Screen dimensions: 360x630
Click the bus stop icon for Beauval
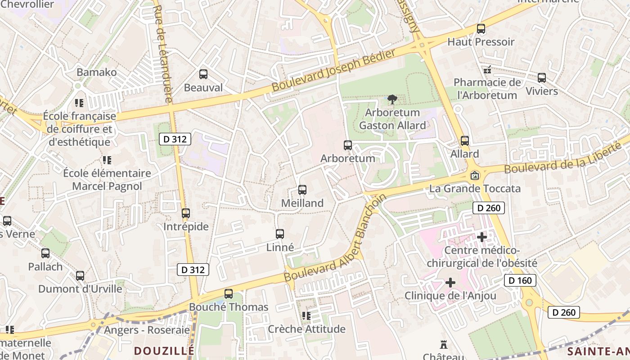click(203, 74)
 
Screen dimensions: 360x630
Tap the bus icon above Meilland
click(302, 190)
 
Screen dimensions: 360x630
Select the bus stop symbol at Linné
click(280, 234)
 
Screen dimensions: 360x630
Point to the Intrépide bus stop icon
click(186, 213)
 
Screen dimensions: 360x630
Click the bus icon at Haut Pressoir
click(481, 29)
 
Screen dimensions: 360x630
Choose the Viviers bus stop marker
click(542, 78)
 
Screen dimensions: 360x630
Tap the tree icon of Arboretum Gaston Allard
click(392, 99)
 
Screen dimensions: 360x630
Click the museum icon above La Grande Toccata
click(475, 175)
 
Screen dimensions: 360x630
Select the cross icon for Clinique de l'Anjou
click(450, 283)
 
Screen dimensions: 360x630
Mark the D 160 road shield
click(520, 280)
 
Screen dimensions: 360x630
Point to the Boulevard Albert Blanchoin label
click(335, 239)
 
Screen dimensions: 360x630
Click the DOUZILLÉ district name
click(164, 351)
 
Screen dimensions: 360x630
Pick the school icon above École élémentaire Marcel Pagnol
click(107, 160)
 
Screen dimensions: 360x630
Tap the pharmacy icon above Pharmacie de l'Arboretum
click(487, 70)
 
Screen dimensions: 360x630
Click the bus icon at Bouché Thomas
click(229, 294)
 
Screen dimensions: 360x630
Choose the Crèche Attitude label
click(307, 329)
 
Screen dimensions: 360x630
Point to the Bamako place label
click(96, 72)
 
